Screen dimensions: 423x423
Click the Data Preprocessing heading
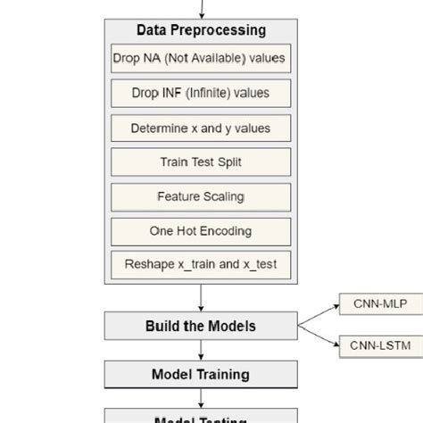click(201, 30)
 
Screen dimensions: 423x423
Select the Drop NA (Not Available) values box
click(200, 59)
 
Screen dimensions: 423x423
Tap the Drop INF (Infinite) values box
click(200, 93)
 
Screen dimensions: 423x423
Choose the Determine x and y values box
click(200, 128)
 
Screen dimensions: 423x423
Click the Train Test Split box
click(200, 162)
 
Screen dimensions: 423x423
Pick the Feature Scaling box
click(200, 196)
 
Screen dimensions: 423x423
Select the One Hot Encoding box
click(200, 230)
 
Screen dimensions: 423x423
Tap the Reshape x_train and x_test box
click(200, 265)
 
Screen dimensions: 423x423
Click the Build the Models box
click(200, 326)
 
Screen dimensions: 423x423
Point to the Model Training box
click(200, 374)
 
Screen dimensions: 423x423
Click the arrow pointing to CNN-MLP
click(319, 314)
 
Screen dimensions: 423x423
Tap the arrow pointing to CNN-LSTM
click(319, 336)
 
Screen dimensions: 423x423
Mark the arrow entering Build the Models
click(201, 299)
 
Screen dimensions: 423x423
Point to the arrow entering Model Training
click(201, 351)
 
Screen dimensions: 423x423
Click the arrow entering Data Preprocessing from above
click(202, 9)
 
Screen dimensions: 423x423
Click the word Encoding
click(226, 230)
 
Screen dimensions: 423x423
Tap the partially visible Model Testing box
click(200, 417)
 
